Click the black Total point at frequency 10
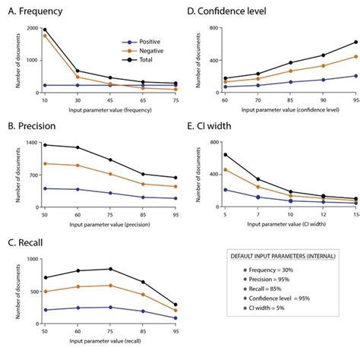pyautogui.click(x=45, y=30)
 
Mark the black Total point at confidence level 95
pyautogui.click(x=355, y=43)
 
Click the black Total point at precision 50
pyautogui.click(x=45, y=145)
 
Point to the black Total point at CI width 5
pyautogui.click(x=225, y=155)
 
